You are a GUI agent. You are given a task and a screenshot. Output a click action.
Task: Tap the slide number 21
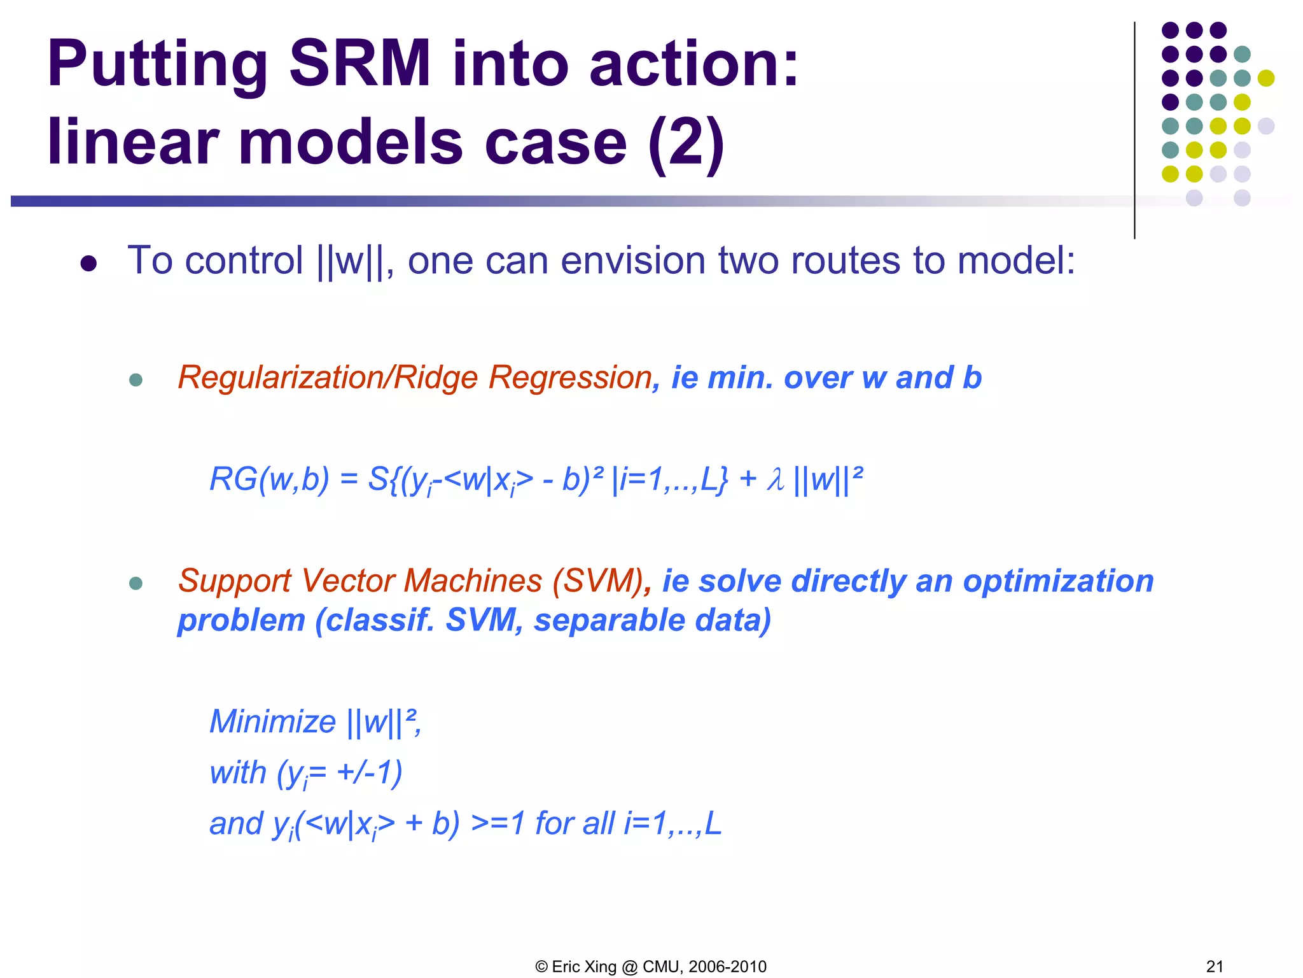1215,967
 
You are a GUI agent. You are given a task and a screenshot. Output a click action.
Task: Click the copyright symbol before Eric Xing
541,967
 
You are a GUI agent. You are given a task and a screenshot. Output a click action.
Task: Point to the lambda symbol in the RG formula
775,479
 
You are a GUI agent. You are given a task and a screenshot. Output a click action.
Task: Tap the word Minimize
272,722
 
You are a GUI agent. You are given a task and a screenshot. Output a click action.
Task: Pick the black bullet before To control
88,264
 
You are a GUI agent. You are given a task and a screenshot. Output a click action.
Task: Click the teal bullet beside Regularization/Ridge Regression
136,380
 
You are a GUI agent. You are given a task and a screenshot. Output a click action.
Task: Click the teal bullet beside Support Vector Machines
136,583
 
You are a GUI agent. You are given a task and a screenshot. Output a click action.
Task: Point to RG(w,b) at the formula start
269,479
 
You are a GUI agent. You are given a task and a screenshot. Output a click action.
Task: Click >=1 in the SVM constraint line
498,823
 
